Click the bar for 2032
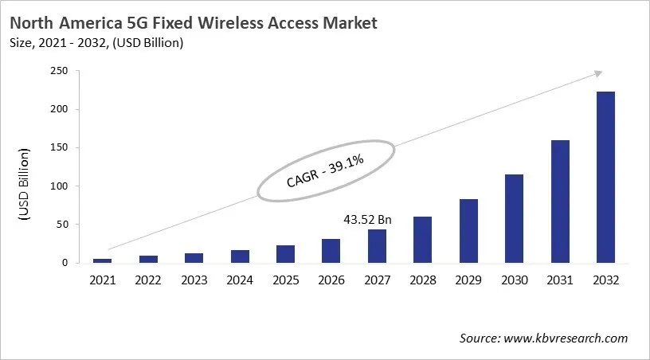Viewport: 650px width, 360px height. (x=605, y=177)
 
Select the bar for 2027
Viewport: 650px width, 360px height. (x=377, y=246)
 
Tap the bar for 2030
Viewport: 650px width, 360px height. (x=514, y=218)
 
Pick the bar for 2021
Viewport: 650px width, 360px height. (x=103, y=260)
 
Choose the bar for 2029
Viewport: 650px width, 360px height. (x=468, y=231)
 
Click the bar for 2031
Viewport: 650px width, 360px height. (x=560, y=202)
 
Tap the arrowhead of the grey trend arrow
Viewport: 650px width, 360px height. (x=597, y=73)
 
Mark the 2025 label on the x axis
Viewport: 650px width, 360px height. (x=285, y=280)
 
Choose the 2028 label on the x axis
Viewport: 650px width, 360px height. (x=422, y=280)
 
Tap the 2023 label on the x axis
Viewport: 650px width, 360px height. (x=194, y=280)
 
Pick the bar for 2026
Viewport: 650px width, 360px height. (x=331, y=251)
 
